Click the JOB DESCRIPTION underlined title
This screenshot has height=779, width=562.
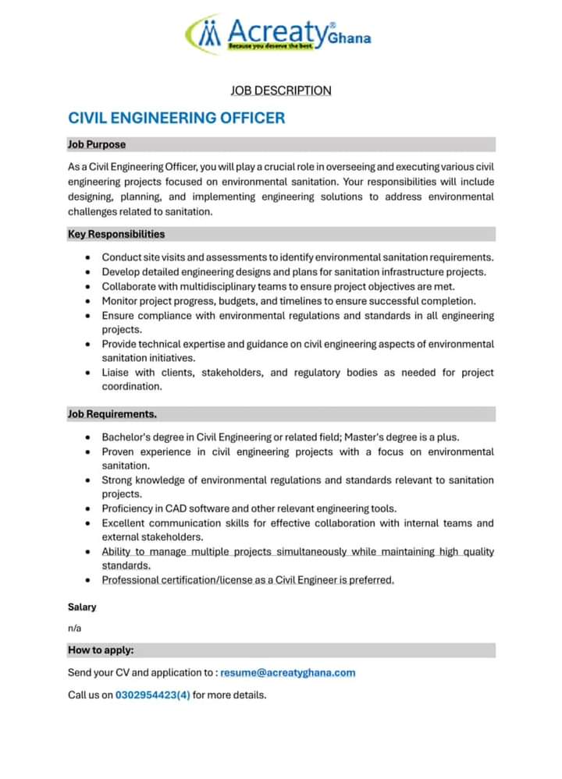pyautogui.click(x=281, y=90)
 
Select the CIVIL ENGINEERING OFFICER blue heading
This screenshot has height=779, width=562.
pyautogui.click(x=176, y=119)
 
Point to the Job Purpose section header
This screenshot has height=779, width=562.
pyautogui.click(x=97, y=144)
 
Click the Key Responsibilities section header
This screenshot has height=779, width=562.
pyautogui.click(x=116, y=234)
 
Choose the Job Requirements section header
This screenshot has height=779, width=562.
pyautogui.click(x=112, y=414)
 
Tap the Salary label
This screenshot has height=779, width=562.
pyautogui.click(x=82, y=607)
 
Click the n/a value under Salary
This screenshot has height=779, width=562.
pyautogui.click(x=75, y=629)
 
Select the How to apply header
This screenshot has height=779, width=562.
pyautogui.click(x=101, y=650)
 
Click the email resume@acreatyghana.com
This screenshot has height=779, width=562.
pyautogui.click(x=288, y=672)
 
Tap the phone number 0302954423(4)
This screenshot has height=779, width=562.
pyautogui.click(x=153, y=694)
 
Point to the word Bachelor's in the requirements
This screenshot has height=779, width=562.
pyautogui.click(x=128, y=437)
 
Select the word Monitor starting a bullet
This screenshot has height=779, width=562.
pyautogui.click(x=122, y=301)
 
